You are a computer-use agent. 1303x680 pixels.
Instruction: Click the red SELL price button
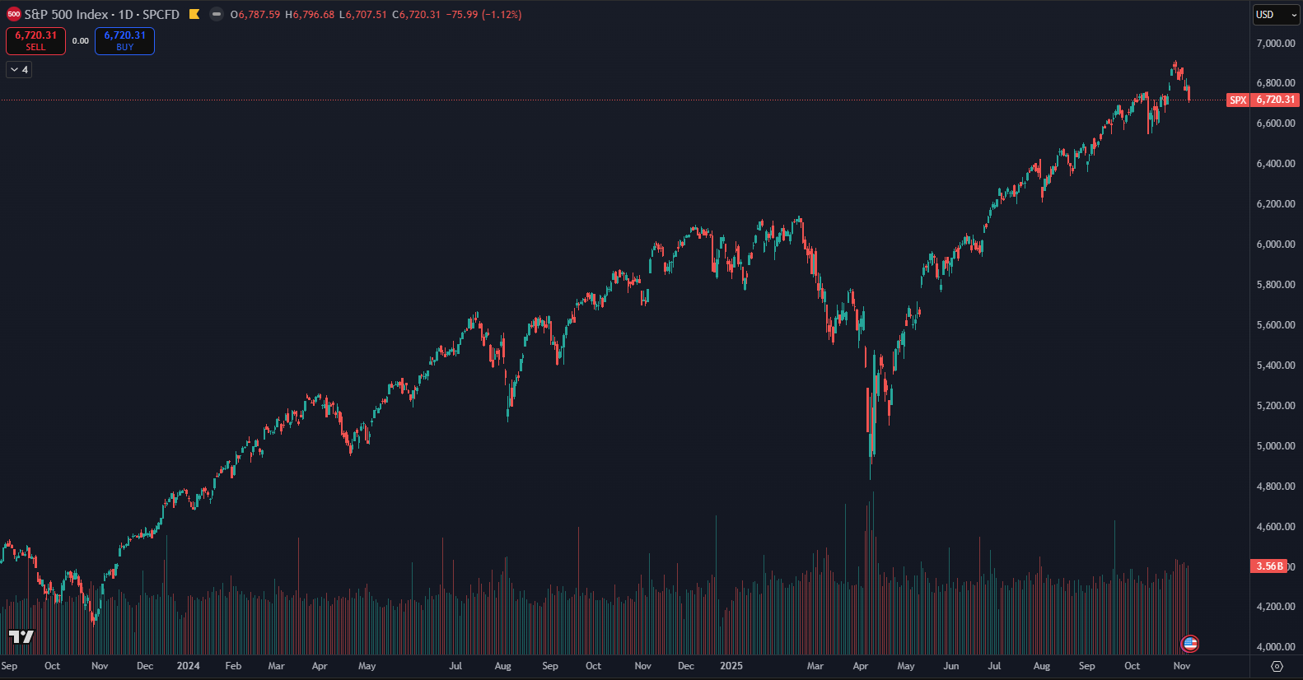pos(35,40)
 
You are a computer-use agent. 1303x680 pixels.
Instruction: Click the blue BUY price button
pos(124,40)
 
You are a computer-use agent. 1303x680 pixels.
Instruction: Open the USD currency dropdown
pos(1276,15)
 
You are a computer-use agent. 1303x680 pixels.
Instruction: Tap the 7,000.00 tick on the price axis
pos(1275,44)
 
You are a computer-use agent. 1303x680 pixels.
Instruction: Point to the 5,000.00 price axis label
pos(1275,446)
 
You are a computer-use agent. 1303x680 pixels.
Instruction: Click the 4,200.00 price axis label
pos(1275,607)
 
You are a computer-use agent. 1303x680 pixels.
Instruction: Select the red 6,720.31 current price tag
pos(1275,100)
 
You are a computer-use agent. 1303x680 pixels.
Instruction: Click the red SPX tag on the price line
pos(1238,100)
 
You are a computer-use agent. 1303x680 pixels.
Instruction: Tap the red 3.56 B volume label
pos(1268,566)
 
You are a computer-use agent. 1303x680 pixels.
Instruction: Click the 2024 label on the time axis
pos(188,666)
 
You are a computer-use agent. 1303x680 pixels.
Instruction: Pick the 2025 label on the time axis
pos(731,666)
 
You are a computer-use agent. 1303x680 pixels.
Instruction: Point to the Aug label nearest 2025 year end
pos(1041,666)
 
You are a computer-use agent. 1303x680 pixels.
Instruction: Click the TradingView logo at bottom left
pos(21,636)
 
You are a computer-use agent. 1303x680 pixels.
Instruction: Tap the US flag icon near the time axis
pos(1189,644)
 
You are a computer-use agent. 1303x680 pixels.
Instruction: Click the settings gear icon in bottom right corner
pos(1277,666)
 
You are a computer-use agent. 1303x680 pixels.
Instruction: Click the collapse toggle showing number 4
pos(19,70)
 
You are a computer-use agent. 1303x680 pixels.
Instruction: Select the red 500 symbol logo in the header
pos(13,14)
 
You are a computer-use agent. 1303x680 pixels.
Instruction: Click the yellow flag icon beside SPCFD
pos(194,14)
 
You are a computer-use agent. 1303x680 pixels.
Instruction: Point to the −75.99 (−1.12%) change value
pos(483,15)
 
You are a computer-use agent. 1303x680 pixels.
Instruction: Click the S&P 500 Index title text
pos(66,15)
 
